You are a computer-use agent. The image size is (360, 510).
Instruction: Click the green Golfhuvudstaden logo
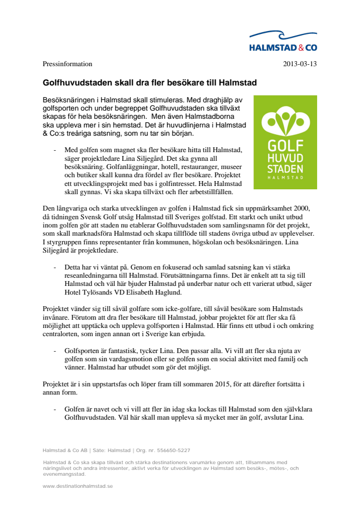285,142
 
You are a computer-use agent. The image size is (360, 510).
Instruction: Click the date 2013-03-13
300,64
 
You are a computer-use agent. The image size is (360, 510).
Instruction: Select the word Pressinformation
68,64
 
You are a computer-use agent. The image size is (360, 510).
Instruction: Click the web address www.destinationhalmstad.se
77,486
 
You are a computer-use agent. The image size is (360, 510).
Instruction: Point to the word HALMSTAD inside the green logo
285,177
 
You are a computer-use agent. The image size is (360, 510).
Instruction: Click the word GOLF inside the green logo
285,146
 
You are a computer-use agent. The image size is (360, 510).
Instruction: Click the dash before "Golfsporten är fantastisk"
55,351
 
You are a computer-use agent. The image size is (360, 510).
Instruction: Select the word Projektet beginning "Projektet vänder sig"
56,309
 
